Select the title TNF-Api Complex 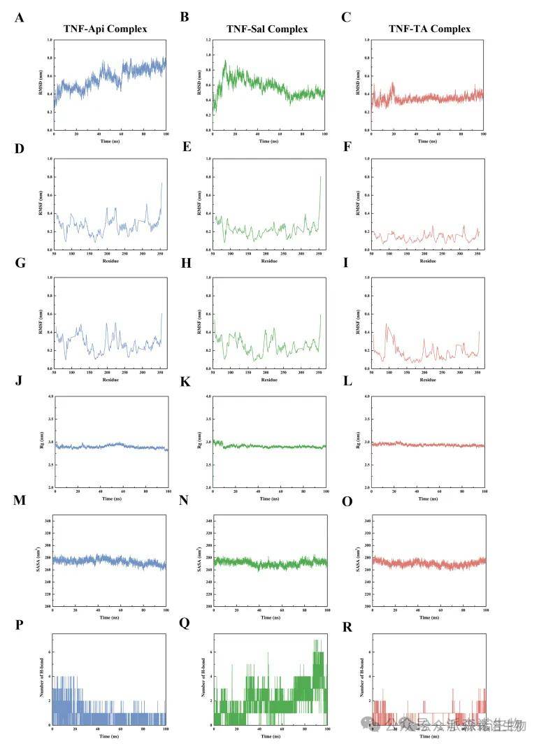[104, 29]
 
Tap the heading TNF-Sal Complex [267, 29]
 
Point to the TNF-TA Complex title [429, 29]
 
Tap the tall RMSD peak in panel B [224, 61]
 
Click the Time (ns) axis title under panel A [110, 142]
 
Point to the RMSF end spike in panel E [321, 177]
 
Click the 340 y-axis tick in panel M [48, 521]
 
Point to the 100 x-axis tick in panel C [483, 135]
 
